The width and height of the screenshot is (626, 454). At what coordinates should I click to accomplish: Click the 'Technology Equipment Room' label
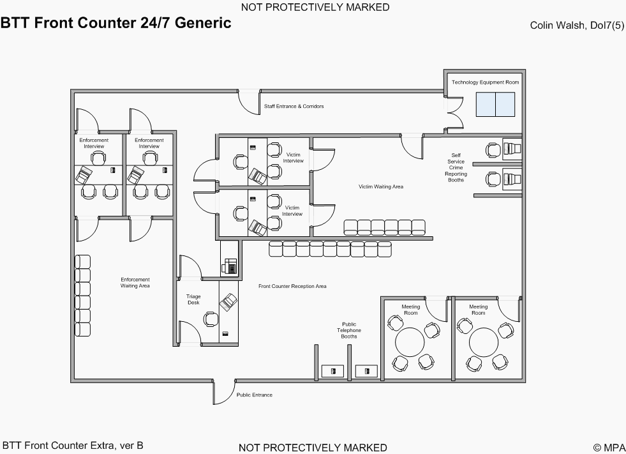pyautogui.click(x=485, y=82)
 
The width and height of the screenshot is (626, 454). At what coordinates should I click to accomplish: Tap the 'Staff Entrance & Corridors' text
pyautogui.click(x=294, y=106)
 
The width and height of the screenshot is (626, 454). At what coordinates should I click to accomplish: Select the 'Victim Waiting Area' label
pyautogui.click(x=381, y=186)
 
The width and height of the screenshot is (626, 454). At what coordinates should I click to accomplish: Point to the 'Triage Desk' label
pyautogui.click(x=193, y=299)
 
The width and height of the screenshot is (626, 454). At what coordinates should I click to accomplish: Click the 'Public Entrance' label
pyautogui.click(x=255, y=395)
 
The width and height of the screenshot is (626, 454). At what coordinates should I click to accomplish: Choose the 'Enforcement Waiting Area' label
pyautogui.click(x=135, y=282)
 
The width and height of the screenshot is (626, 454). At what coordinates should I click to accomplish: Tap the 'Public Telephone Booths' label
pyautogui.click(x=349, y=330)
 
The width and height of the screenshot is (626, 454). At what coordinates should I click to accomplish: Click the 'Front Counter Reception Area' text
pyautogui.click(x=292, y=286)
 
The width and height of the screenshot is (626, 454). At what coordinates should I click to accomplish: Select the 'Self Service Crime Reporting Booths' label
pyautogui.click(x=456, y=167)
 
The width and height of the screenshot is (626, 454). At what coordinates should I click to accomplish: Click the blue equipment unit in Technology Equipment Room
pyautogui.click(x=495, y=105)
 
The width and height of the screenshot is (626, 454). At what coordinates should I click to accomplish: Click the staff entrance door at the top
pyautogui.click(x=248, y=101)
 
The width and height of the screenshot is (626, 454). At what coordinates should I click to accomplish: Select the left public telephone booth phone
pyautogui.click(x=332, y=370)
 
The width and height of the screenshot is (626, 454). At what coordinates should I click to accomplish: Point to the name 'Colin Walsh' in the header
pyautogui.click(x=553, y=26)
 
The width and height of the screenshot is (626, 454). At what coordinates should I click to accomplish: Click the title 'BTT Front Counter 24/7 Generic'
pyautogui.click(x=116, y=24)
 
